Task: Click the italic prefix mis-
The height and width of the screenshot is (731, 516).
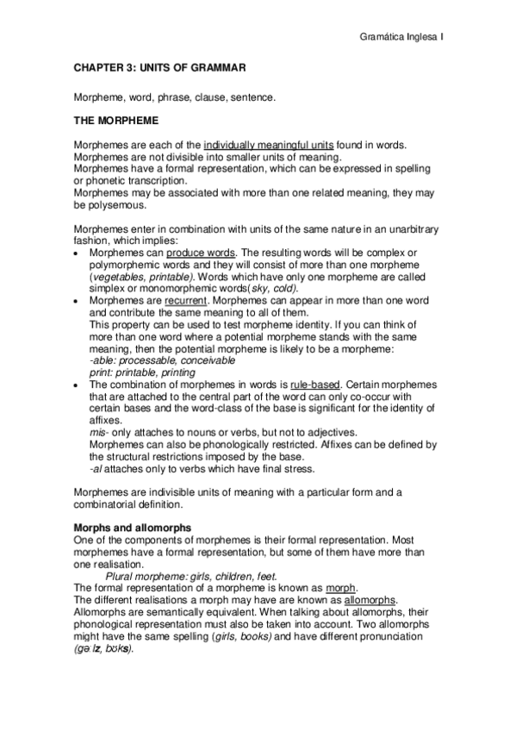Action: [99, 432]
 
